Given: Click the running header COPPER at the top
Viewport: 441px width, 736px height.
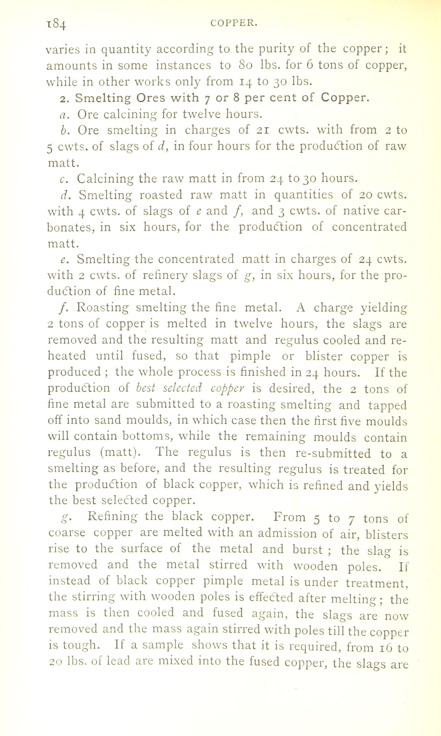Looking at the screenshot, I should (234, 23).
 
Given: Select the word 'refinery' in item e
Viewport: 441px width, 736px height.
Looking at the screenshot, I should (165, 276).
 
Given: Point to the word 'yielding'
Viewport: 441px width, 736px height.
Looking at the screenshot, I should (384, 308).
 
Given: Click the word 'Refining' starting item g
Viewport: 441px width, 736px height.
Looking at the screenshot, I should (112, 516).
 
